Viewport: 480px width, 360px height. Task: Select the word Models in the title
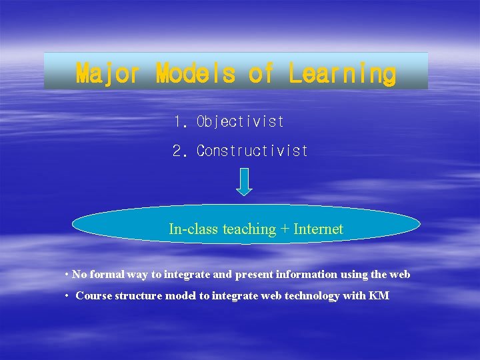point(195,73)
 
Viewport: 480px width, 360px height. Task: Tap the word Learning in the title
point(342,73)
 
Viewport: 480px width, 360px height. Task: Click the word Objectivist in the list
point(240,122)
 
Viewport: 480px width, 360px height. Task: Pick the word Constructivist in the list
point(252,151)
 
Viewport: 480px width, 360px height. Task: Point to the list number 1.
point(179,122)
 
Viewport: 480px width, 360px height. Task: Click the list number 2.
point(179,151)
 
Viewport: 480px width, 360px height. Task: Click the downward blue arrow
point(245,181)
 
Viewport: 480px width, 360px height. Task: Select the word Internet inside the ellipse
point(318,229)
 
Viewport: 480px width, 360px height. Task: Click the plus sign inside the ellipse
point(285,230)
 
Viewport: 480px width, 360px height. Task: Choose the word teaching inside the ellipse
point(249,229)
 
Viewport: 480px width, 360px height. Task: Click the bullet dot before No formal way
point(67,275)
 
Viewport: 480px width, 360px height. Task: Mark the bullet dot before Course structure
point(67,296)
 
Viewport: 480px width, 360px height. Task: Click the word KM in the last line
point(379,296)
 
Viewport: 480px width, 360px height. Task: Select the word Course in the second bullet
point(93,296)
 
